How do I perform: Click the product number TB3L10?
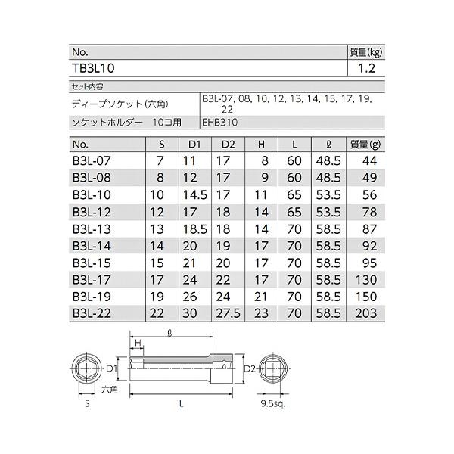coord(93,67)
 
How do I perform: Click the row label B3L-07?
coord(90,160)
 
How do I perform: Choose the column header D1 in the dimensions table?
coord(194,145)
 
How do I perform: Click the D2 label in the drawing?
coord(249,368)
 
